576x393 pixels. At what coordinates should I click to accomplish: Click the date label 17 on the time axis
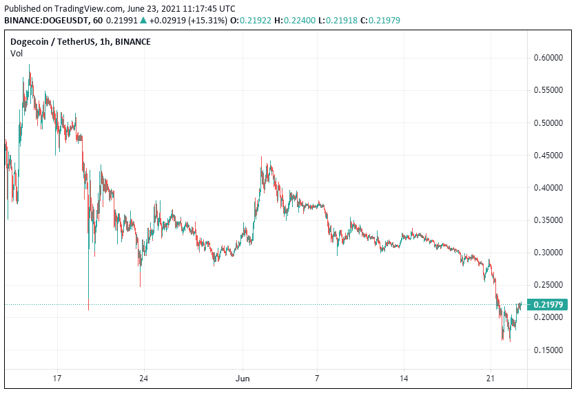(57, 379)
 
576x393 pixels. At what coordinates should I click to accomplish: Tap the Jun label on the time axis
(242, 379)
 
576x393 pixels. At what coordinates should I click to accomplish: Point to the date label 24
(143, 379)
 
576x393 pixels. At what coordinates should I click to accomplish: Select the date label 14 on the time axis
(404, 379)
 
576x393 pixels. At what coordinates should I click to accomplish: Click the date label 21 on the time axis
(490, 379)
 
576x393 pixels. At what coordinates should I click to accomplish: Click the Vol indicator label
(17, 53)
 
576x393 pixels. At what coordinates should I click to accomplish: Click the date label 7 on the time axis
(317, 379)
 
